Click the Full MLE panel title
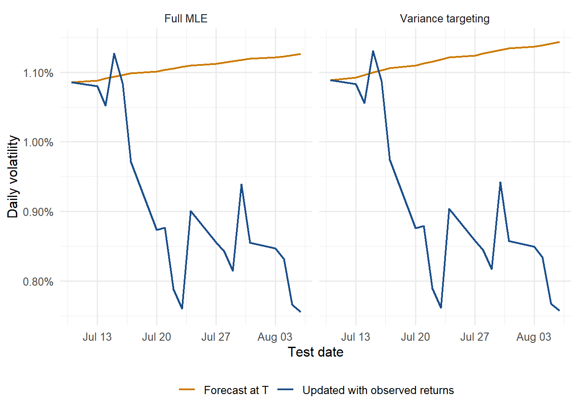186,18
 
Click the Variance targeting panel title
445,19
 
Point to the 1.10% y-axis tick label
38,73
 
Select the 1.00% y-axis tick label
38,142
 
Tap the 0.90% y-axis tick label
38,212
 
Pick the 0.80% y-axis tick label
38,281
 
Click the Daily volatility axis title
12,176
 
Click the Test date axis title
315,352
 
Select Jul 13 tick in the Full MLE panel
97,337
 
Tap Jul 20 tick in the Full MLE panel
157,337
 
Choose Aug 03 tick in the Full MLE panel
275,337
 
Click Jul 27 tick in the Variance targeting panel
474,337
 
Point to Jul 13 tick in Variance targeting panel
356,337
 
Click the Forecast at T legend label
236,390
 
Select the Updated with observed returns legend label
378,390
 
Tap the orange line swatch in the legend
187,389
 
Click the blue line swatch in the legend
286,389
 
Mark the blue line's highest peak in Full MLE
114,54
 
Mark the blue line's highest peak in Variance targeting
373,51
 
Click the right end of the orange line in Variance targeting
560,42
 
